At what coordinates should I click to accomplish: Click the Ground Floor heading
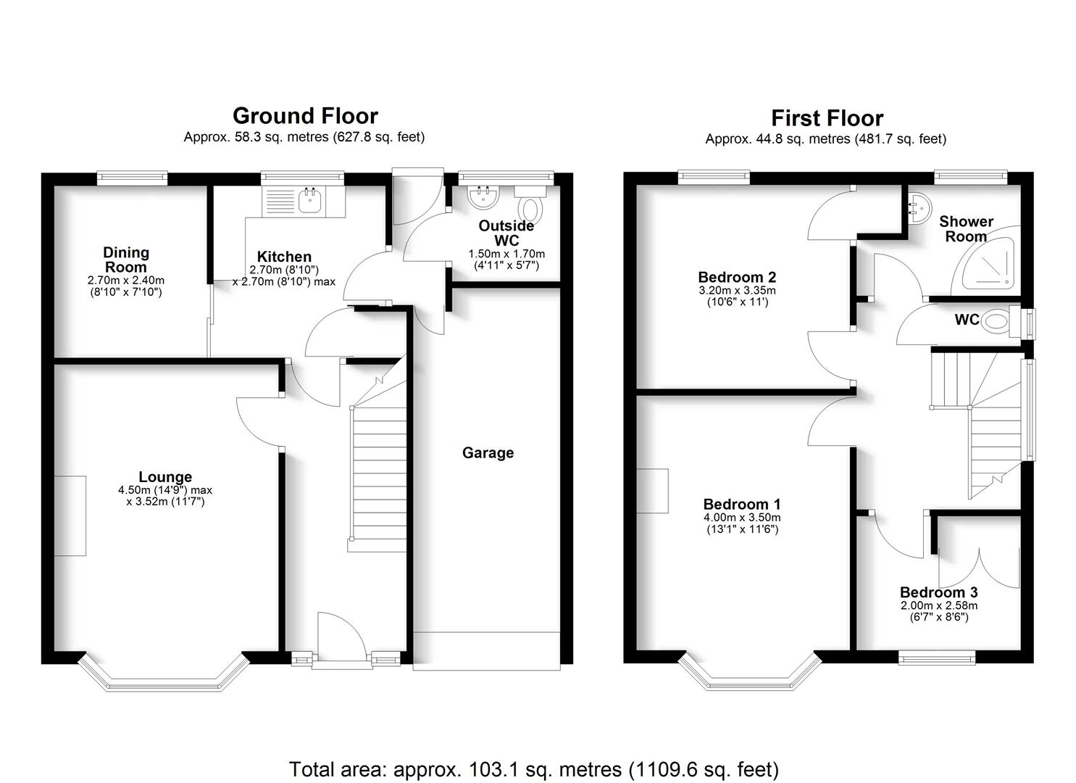click(305, 116)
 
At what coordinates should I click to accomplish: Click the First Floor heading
click(827, 118)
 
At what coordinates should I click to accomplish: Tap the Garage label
click(488, 453)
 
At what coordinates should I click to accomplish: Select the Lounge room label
click(165, 477)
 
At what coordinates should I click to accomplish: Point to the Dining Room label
click(126, 260)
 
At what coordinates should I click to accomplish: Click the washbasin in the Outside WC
click(483, 196)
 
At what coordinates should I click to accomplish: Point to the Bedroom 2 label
click(737, 277)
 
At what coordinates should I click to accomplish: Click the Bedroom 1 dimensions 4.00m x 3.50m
click(742, 518)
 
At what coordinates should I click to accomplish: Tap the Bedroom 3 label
click(938, 592)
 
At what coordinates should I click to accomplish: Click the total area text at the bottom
click(534, 769)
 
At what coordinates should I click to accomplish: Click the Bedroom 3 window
click(936, 657)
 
